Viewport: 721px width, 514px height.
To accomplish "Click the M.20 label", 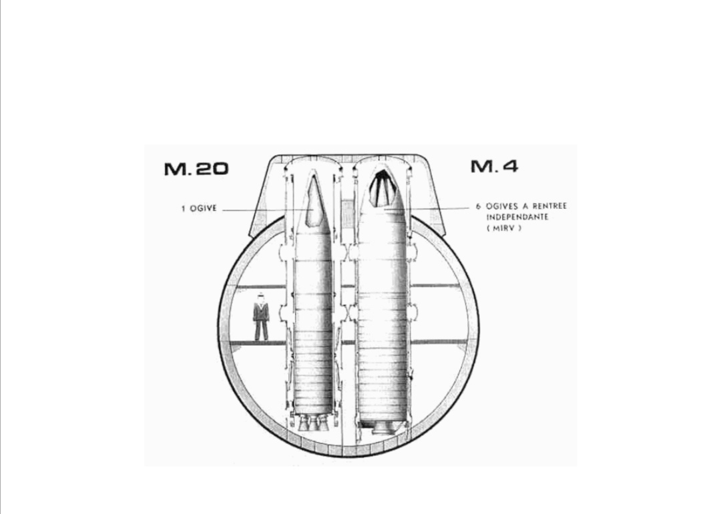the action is [196, 169].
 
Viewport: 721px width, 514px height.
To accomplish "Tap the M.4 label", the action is [494, 166].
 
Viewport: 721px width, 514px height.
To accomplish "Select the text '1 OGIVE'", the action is [199, 208].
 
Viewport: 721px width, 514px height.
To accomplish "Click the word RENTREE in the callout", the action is [549, 206].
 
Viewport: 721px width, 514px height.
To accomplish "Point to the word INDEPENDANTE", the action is [517, 217].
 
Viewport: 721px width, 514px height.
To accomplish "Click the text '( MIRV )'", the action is [504, 228].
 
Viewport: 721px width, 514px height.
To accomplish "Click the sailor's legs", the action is [261, 330].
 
